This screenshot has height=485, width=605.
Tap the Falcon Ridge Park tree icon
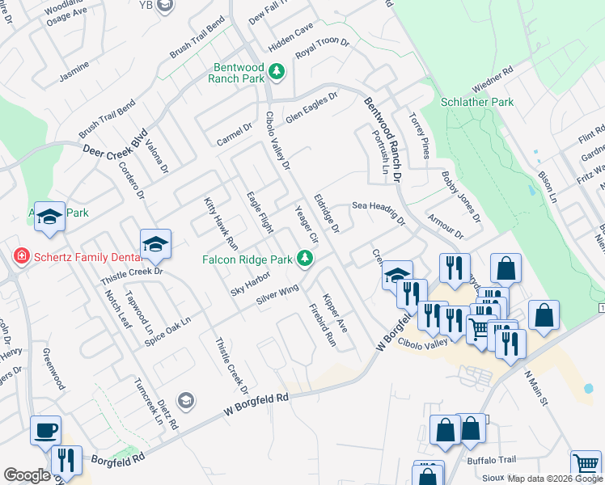pos(305,259)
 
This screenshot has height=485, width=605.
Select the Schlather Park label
pos(477,103)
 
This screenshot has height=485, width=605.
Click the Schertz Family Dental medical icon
pos(22,256)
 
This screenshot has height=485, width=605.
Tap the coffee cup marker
pos(45,429)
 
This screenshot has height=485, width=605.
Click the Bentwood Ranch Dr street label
pos(382,134)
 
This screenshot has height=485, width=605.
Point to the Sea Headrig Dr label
pos(378,213)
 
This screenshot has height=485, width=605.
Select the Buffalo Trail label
pos(491,460)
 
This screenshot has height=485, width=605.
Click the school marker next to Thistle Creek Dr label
pos(155,243)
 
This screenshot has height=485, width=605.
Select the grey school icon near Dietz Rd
pos(186,400)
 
